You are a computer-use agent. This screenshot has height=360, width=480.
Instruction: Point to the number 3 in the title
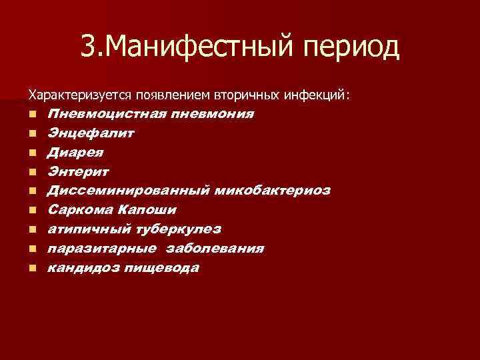(88, 46)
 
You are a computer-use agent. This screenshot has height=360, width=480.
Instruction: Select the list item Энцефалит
(91, 133)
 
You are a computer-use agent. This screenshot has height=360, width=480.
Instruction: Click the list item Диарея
(75, 152)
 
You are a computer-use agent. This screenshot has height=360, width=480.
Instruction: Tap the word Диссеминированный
(129, 191)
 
